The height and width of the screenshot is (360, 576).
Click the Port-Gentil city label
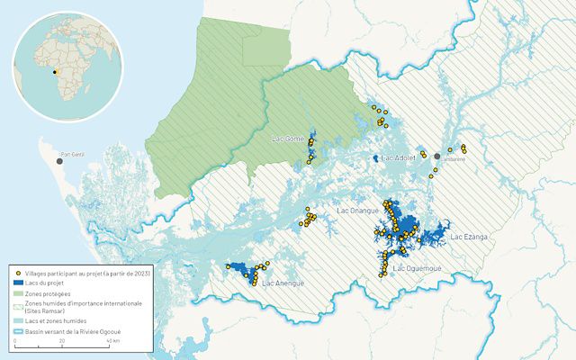click(71, 154)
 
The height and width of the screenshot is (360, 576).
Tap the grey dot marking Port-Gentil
click(59, 161)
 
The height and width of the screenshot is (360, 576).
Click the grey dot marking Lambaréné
click(436, 156)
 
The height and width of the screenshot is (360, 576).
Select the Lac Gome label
click(288, 139)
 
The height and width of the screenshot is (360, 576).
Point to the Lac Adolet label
click(400, 158)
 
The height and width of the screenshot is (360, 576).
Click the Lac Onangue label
click(357, 211)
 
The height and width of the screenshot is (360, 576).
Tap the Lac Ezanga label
click(468, 237)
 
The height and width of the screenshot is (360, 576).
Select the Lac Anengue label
click(283, 283)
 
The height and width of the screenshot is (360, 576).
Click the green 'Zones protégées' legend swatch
click(18, 292)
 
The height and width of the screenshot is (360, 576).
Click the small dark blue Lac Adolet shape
click(375, 158)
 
